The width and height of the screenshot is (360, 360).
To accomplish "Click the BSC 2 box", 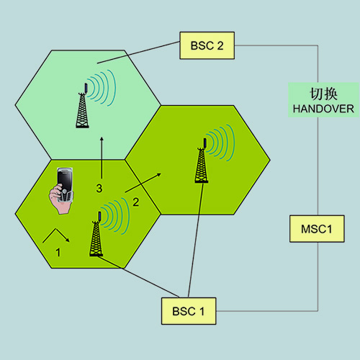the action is [x=207, y=45].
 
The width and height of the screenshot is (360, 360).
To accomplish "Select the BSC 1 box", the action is [x=189, y=311].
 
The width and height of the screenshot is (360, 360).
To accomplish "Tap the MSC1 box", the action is [x=317, y=229].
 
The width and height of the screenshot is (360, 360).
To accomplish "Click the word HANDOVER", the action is [x=323, y=109].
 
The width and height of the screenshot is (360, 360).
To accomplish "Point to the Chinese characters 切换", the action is [x=323, y=94].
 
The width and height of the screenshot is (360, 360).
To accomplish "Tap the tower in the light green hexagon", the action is [x=82, y=106].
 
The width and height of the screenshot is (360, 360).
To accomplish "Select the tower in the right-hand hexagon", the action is [x=202, y=161].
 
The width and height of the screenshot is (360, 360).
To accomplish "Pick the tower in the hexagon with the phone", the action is [x=96, y=234].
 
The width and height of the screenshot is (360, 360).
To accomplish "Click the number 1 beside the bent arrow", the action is [x=58, y=253].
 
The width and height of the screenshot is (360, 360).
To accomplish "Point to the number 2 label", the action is [x=136, y=202].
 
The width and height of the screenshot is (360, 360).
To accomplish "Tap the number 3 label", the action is [x=99, y=189].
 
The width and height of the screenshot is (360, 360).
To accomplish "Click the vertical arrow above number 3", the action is [x=102, y=158].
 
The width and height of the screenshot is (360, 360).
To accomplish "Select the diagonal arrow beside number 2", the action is [x=143, y=183].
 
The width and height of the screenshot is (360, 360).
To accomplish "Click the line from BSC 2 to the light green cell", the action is [x=138, y=53].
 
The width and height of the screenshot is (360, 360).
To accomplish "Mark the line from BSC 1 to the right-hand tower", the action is [x=196, y=240].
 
